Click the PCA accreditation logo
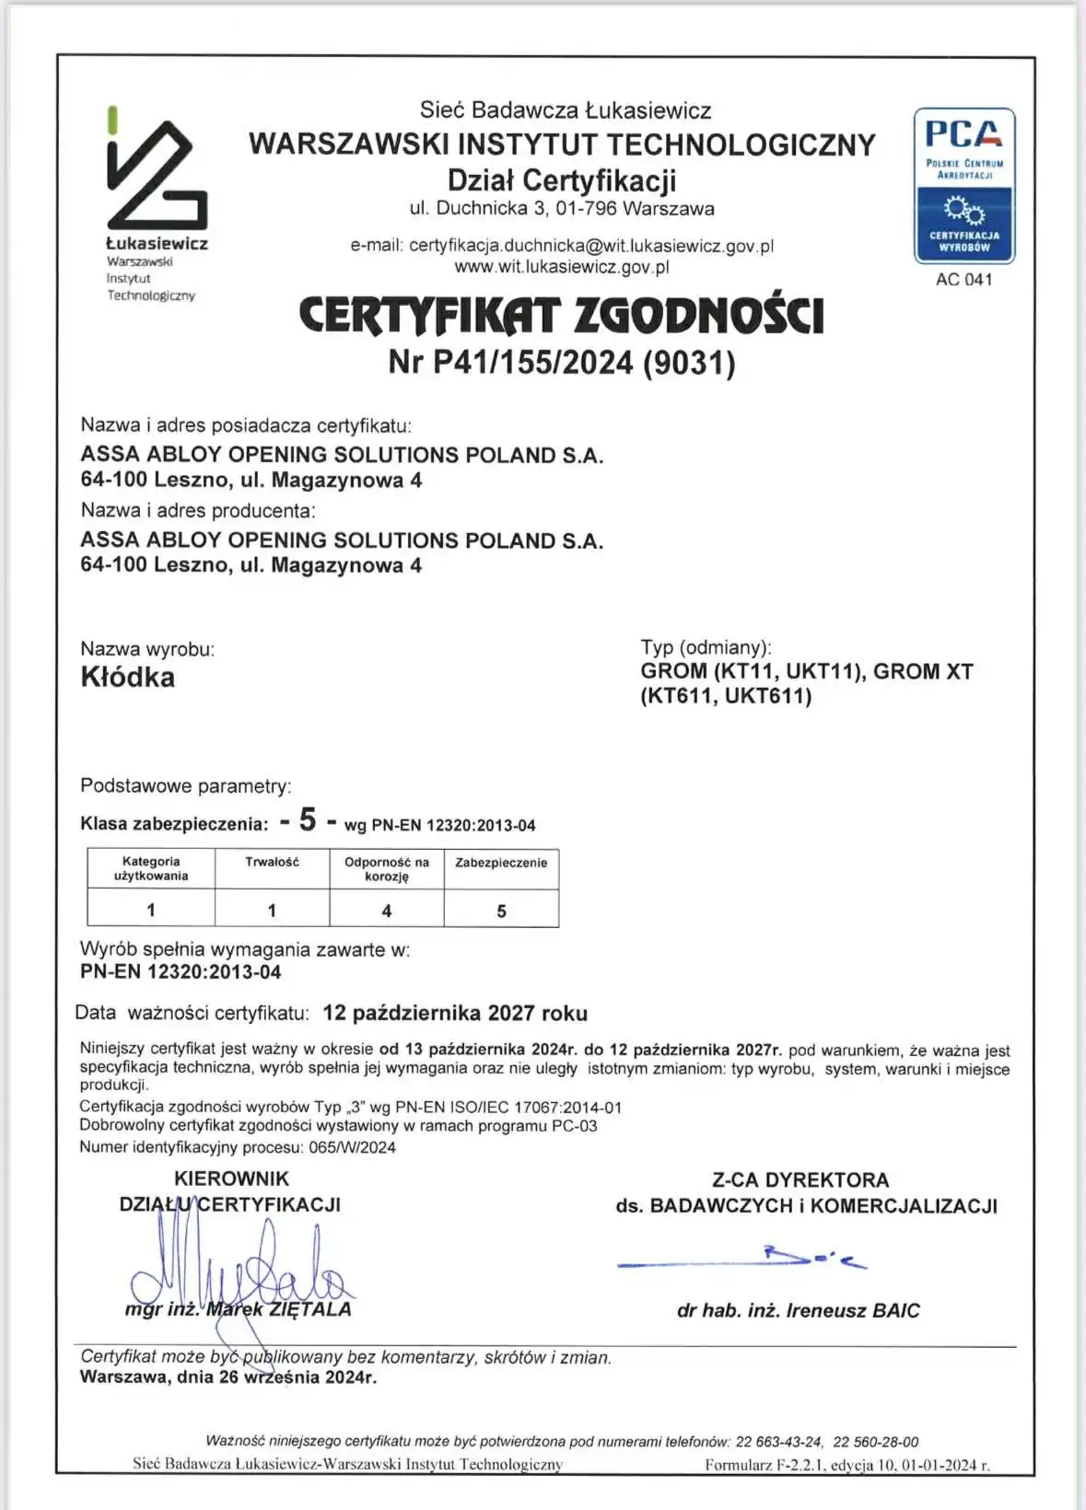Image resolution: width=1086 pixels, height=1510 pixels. [x=963, y=186]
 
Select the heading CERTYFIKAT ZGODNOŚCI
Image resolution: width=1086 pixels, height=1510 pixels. [x=561, y=315]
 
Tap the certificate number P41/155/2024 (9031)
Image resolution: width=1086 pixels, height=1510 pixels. [x=562, y=362]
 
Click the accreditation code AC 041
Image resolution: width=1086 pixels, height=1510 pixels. [x=963, y=280]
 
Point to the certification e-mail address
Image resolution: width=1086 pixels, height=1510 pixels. [x=590, y=246]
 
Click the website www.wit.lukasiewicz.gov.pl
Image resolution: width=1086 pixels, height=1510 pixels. [x=561, y=267]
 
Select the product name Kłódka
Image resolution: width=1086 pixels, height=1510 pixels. [x=127, y=677]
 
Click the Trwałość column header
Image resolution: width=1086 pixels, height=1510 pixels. [x=272, y=862]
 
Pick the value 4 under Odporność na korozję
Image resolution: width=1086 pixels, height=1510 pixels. [x=387, y=911]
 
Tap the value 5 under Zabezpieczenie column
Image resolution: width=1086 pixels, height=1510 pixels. [x=501, y=911]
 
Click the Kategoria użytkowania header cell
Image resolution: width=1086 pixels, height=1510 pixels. [x=151, y=868]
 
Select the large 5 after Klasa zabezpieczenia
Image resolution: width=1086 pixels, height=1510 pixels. [x=308, y=819]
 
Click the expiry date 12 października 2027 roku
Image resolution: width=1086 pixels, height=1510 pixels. [x=455, y=1013]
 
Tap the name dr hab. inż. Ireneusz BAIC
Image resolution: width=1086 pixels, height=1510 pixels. [x=798, y=1310]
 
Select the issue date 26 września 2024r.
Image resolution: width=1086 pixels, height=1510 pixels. [x=298, y=1377]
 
